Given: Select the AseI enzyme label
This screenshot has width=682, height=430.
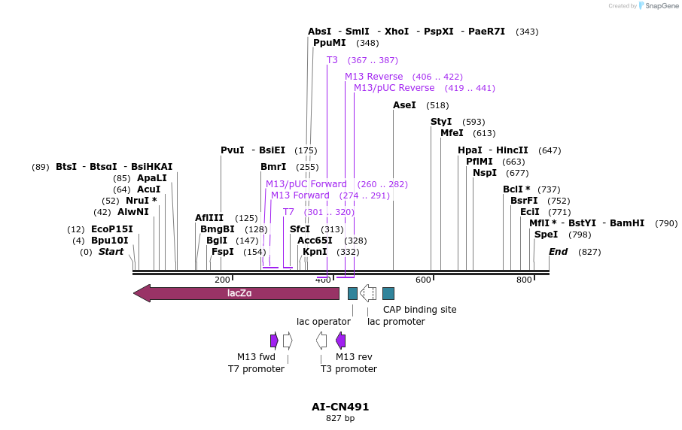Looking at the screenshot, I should [x=404, y=105].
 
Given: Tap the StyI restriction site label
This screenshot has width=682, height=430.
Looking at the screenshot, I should [x=441, y=122].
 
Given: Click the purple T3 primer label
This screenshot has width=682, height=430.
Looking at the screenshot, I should [x=332, y=60].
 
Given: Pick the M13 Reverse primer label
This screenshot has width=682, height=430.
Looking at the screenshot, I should [x=374, y=77].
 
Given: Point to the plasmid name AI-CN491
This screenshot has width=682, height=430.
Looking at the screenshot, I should [x=340, y=407].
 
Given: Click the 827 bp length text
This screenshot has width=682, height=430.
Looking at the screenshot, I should [x=340, y=418].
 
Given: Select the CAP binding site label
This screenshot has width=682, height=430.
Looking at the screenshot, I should [x=419, y=309].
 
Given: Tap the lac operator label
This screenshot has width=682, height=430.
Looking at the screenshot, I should [x=324, y=322].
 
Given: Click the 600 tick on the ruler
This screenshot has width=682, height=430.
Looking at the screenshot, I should [x=423, y=280].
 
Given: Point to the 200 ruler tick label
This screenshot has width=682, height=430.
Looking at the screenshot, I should [x=222, y=280].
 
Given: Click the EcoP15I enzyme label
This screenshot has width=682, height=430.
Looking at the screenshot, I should [x=111, y=229].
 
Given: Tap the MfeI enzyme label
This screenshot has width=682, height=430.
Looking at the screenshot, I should [x=452, y=133].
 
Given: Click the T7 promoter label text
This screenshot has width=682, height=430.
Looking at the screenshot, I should [x=256, y=369].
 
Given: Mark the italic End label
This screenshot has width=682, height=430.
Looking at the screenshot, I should [x=558, y=252].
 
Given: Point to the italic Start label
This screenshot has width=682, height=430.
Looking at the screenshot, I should [x=111, y=252].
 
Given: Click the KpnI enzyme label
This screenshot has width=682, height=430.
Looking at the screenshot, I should [x=315, y=252].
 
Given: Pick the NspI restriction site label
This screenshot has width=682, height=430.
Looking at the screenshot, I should [x=485, y=173].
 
